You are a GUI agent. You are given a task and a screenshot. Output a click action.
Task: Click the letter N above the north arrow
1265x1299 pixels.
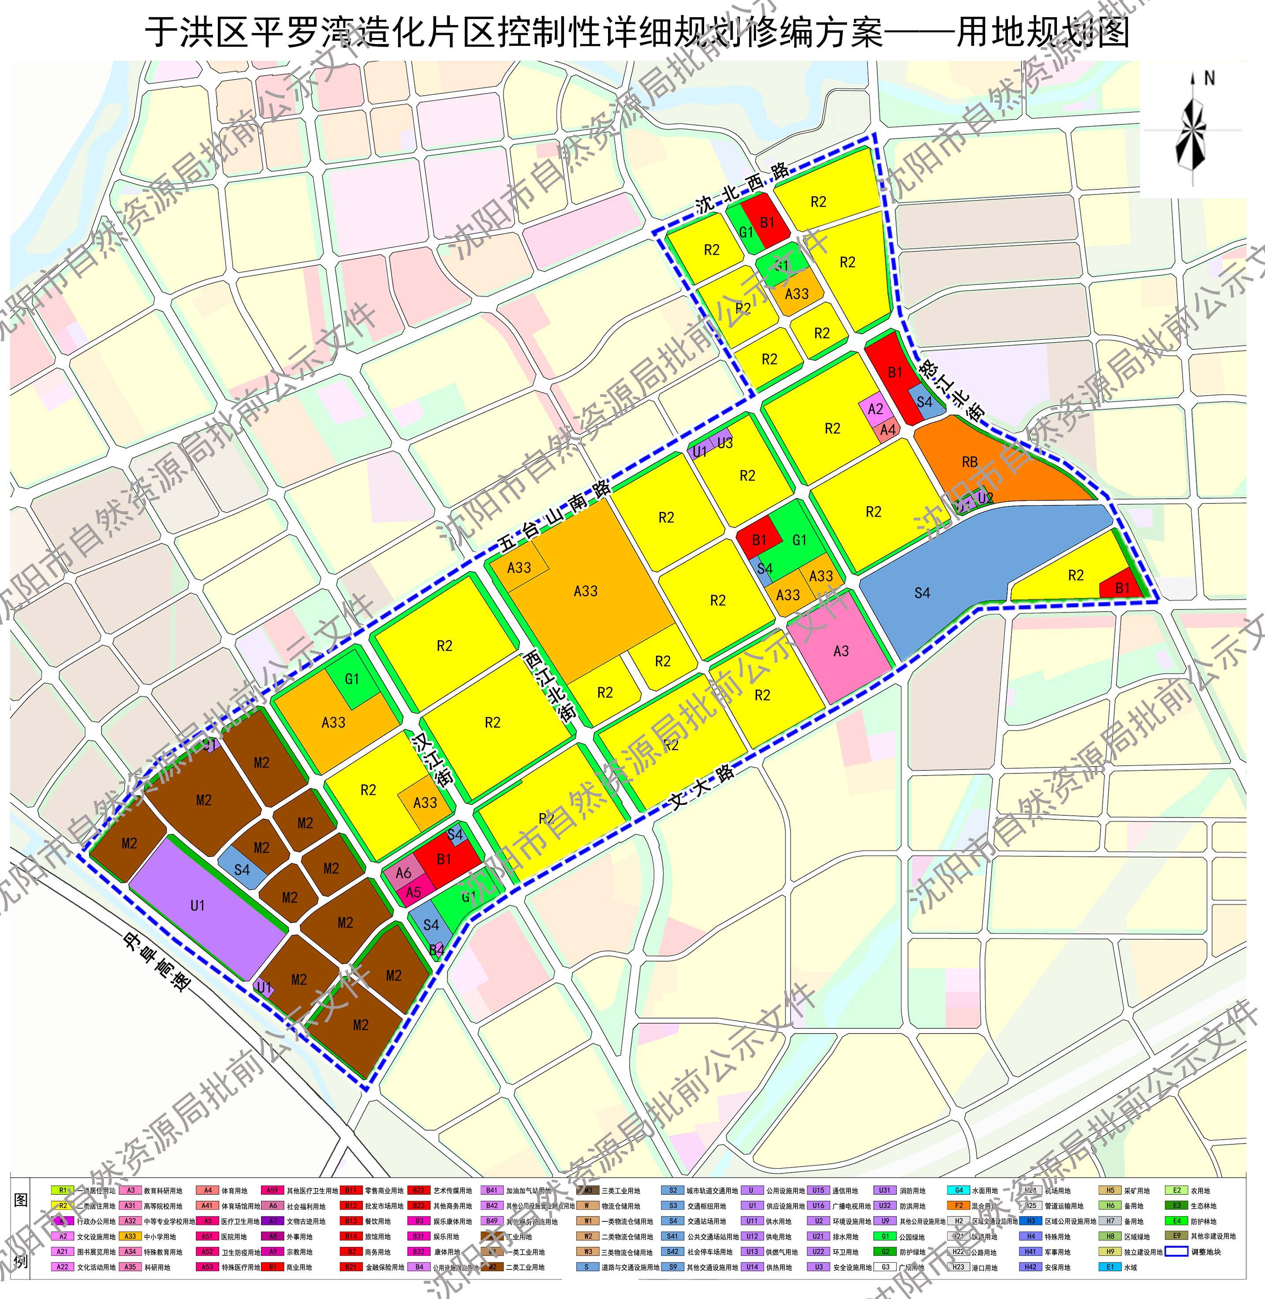(x=1209, y=78)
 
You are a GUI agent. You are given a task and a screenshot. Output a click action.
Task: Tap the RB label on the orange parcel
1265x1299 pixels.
(x=969, y=462)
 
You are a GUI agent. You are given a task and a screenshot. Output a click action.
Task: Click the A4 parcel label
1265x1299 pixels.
(x=888, y=430)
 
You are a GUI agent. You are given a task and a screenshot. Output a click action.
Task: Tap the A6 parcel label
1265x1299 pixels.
(x=403, y=873)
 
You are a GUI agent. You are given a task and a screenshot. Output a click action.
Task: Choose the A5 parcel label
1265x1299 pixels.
(x=413, y=892)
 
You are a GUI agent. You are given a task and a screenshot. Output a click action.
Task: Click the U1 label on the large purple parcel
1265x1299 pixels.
(x=198, y=906)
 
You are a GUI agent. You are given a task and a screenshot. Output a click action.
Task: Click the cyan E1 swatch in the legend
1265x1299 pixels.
(x=1110, y=1266)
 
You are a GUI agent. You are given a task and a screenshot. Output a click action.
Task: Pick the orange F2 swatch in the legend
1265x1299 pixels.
(x=958, y=1206)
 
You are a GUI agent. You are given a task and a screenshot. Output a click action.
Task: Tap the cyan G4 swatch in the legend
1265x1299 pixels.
(x=958, y=1190)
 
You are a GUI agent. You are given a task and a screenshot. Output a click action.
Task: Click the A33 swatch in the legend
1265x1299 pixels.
(x=130, y=1236)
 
